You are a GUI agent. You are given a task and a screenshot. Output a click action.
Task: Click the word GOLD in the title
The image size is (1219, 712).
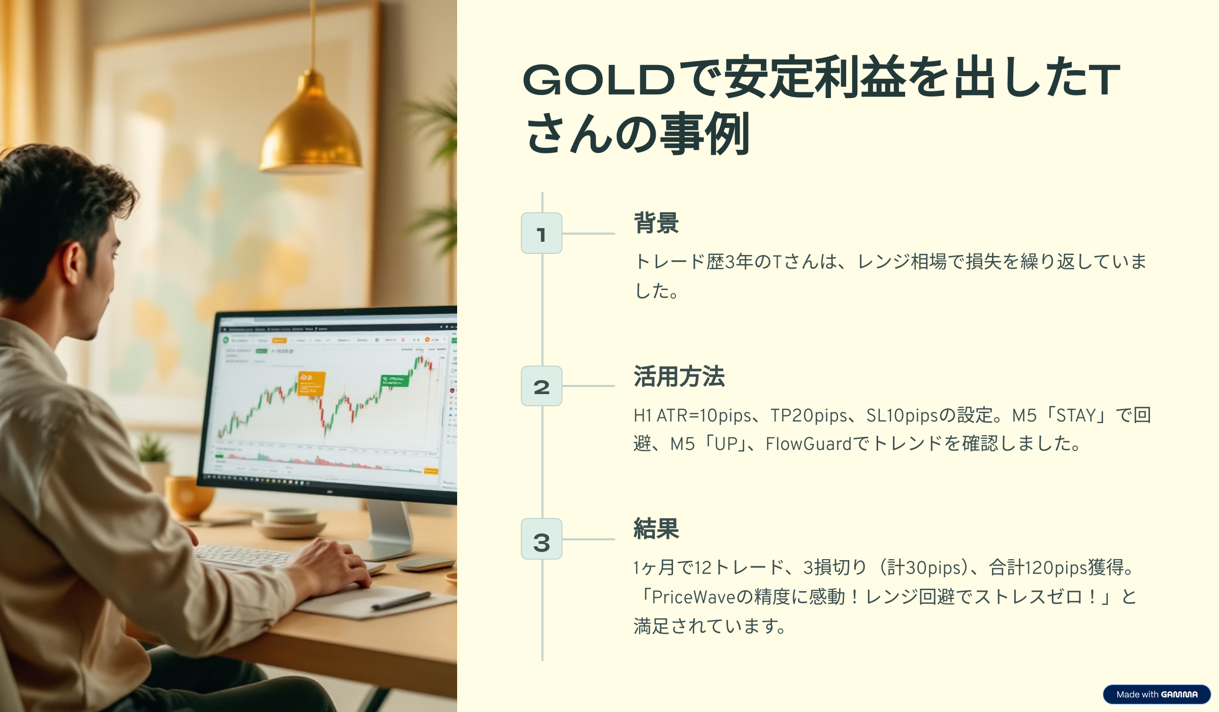click(599, 80)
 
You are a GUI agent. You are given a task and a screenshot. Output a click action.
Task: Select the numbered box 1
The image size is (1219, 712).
click(541, 233)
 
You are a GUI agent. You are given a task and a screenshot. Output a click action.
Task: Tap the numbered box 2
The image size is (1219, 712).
click(541, 386)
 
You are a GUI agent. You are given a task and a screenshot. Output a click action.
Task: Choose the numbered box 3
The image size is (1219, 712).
click(541, 539)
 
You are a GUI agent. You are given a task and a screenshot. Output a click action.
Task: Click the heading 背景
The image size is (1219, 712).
click(656, 223)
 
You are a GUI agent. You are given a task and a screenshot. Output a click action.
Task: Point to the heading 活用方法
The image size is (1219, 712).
click(679, 376)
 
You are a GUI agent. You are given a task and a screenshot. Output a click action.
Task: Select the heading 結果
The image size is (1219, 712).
click(656, 529)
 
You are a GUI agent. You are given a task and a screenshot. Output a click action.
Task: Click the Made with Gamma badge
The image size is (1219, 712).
click(1157, 694)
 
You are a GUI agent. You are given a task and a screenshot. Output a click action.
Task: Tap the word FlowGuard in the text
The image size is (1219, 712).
click(808, 444)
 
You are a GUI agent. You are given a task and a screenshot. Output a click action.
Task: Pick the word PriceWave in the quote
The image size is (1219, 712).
click(693, 597)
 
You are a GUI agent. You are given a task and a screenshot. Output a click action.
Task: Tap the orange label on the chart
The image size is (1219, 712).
click(311, 383)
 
